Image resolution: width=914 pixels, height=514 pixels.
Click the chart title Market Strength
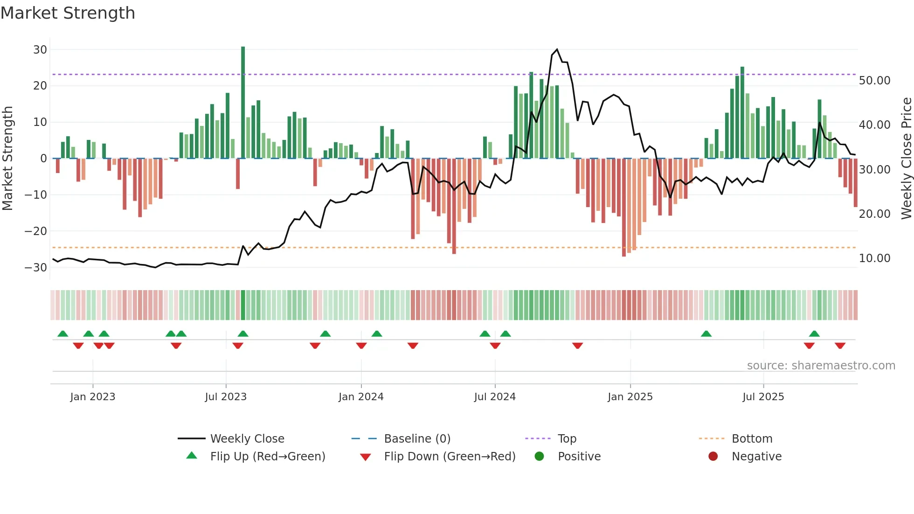(68, 13)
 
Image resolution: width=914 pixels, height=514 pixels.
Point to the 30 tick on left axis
(40, 49)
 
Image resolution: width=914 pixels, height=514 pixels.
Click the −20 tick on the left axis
(36, 231)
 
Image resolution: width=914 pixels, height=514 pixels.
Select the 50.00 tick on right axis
(874, 81)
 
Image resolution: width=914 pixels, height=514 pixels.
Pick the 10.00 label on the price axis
(874, 258)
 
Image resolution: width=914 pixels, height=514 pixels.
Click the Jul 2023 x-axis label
(226, 397)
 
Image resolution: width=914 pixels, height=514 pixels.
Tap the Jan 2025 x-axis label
(630, 397)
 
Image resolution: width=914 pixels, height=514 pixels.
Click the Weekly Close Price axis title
(906, 158)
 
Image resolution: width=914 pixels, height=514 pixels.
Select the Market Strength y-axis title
(7, 158)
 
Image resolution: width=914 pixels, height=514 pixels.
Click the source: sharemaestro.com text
(821, 366)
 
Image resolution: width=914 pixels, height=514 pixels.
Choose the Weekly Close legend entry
(247, 439)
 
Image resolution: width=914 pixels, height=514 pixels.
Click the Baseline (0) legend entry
(417, 439)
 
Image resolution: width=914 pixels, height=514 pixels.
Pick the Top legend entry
(567, 439)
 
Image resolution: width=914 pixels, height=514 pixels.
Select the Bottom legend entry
(752, 439)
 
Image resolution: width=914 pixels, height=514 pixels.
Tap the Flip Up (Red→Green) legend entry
(267, 457)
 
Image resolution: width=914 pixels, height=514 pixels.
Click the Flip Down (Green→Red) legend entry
(450, 457)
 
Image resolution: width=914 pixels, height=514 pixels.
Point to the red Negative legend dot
(713, 457)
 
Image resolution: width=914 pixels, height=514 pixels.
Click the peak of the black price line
(557, 49)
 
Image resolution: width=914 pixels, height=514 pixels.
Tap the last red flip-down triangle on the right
(840, 346)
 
